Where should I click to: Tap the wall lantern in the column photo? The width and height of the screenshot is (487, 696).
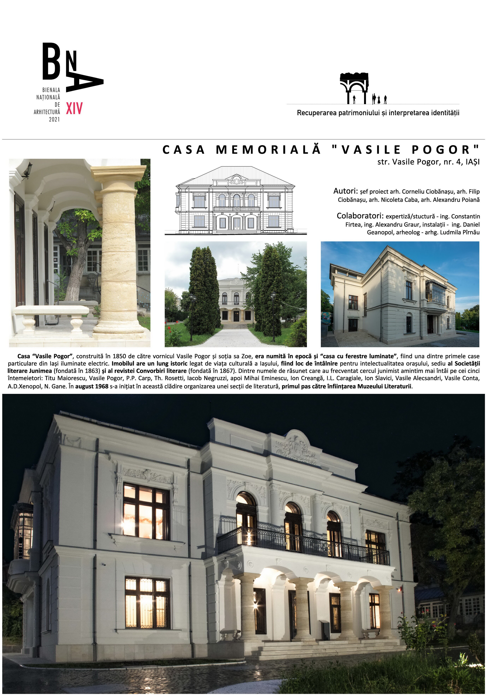(28, 170)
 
